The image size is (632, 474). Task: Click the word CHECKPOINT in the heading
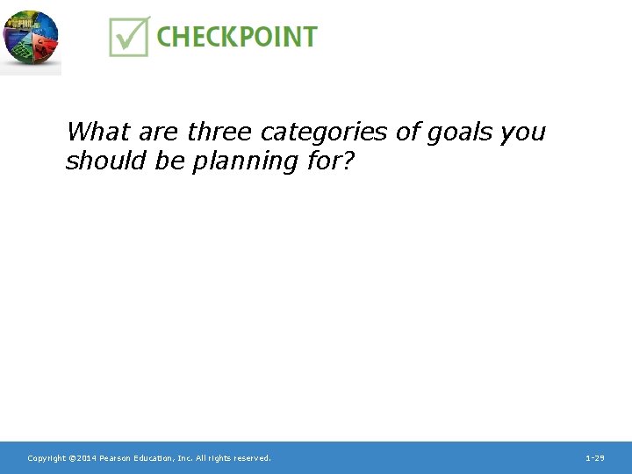[x=237, y=37]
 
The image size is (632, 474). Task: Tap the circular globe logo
[x=30, y=39]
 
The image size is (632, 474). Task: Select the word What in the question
[x=97, y=133]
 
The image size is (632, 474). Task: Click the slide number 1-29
[x=594, y=458]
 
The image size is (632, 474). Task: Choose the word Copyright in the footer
[x=47, y=458]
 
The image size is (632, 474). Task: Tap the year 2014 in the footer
[x=86, y=458]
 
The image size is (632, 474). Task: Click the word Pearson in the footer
[x=116, y=458]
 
